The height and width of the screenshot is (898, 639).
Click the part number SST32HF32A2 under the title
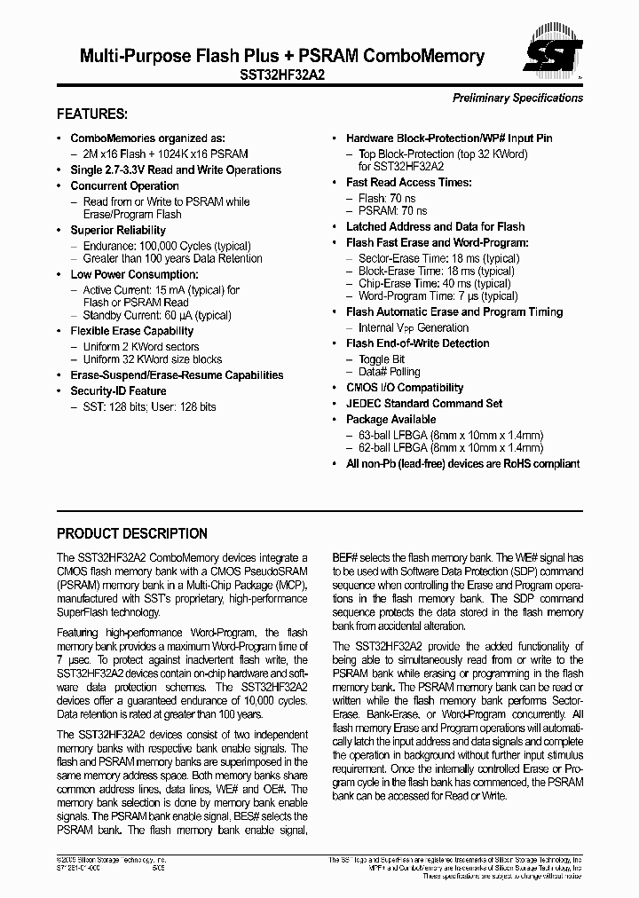click(x=282, y=76)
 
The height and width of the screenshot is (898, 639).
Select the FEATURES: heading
click(x=92, y=114)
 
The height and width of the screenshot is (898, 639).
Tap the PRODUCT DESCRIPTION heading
click(x=132, y=533)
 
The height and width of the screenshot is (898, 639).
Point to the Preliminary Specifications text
click(x=517, y=98)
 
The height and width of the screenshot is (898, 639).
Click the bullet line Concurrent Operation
click(x=124, y=185)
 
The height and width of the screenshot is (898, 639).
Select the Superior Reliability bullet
click(x=118, y=230)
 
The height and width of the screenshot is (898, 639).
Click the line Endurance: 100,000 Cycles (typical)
click(x=166, y=246)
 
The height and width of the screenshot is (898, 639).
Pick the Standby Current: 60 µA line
click(x=157, y=315)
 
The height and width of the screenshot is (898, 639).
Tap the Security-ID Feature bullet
click(x=118, y=390)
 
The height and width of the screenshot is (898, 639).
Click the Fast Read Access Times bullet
click(x=408, y=182)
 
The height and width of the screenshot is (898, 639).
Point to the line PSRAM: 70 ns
click(x=392, y=211)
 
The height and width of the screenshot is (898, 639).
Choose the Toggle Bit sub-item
click(x=382, y=359)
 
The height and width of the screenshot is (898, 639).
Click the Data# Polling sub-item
click(x=389, y=372)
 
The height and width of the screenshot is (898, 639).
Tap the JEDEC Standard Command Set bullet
click(x=424, y=403)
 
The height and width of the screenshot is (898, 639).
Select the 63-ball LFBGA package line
click(x=450, y=435)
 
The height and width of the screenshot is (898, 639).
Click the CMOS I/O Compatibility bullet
click(x=405, y=388)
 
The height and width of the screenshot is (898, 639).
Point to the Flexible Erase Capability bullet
click(x=131, y=331)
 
